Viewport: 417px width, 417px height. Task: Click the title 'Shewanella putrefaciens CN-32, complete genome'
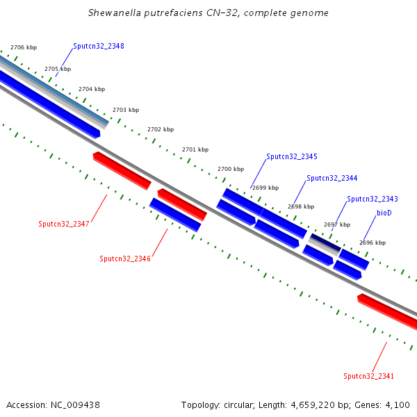pyautogui.click(x=208, y=13)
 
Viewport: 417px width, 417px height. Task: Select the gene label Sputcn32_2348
pyautogui.click(x=99, y=47)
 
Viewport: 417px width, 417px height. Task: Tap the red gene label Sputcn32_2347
pyautogui.click(x=65, y=224)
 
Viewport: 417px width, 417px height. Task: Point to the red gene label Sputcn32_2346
pyautogui.click(x=125, y=259)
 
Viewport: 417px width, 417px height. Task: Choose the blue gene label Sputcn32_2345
pyautogui.click(x=291, y=156)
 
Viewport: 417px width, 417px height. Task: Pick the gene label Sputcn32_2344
pyautogui.click(x=332, y=179)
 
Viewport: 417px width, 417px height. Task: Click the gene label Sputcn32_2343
pyautogui.click(x=373, y=199)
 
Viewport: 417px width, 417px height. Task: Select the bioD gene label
pyautogui.click(x=384, y=213)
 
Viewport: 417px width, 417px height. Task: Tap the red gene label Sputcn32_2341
pyautogui.click(x=369, y=376)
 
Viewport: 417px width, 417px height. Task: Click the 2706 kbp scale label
pyautogui.click(x=24, y=47)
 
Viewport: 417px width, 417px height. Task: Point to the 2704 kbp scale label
pyautogui.click(x=92, y=89)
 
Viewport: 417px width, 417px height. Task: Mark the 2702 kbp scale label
pyautogui.click(x=161, y=129)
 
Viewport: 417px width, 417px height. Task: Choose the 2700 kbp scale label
pyautogui.click(x=231, y=169)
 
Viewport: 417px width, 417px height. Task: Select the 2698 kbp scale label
pyautogui.click(x=301, y=206)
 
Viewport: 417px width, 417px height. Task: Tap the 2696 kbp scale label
pyautogui.click(x=372, y=243)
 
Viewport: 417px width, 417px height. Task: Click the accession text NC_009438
pyautogui.click(x=76, y=404)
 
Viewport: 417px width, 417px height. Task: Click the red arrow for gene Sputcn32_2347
pyautogui.click(x=122, y=170)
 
